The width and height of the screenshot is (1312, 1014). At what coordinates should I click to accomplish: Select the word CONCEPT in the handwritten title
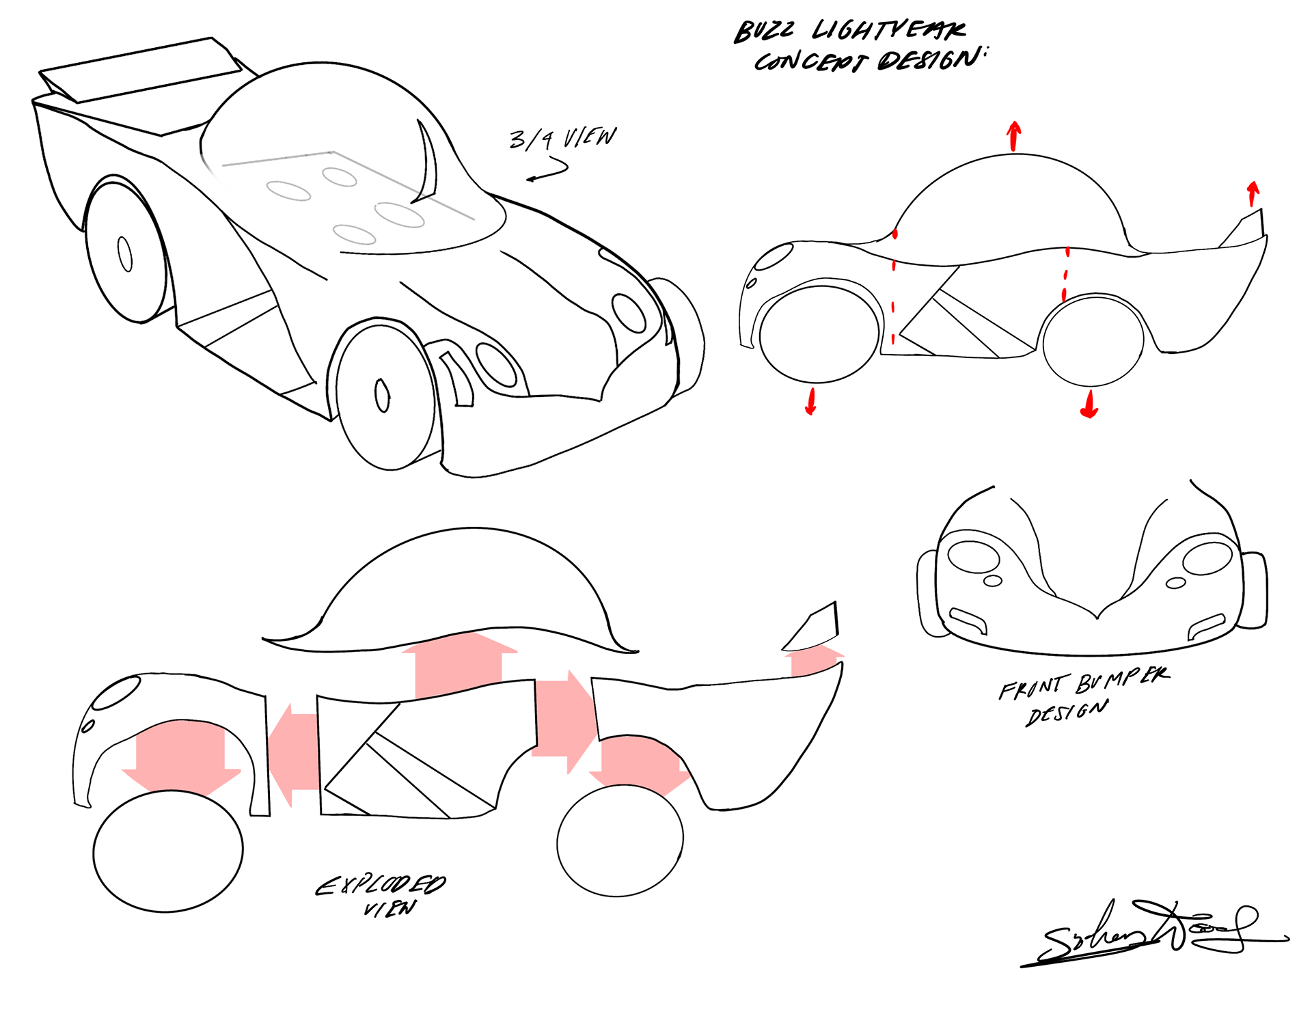[x=810, y=61]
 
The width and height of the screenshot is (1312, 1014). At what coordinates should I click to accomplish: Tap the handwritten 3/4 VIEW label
[x=562, y=138]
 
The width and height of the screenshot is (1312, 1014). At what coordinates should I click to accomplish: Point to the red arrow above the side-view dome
[x=1014, y=135]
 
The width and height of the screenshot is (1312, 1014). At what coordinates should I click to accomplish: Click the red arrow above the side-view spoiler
[x=1253, y=193]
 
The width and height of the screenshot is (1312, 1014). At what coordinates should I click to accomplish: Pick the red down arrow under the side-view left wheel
[x=811, y=401]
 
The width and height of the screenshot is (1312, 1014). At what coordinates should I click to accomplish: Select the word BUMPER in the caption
[x=1122, y=680]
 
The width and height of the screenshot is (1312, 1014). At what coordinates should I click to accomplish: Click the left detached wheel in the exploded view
[x=168, y=851]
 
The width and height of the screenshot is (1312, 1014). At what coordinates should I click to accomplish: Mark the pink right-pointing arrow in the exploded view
[x=563, y=720]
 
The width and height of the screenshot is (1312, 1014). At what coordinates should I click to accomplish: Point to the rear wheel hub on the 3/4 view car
[x=125, y=254]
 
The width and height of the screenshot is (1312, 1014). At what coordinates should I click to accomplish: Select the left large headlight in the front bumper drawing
[x=974, y=556]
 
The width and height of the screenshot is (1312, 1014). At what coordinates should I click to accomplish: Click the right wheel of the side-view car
[x=1093, y=340]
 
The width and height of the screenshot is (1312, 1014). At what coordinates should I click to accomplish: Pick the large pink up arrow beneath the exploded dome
[x=459, y=666]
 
